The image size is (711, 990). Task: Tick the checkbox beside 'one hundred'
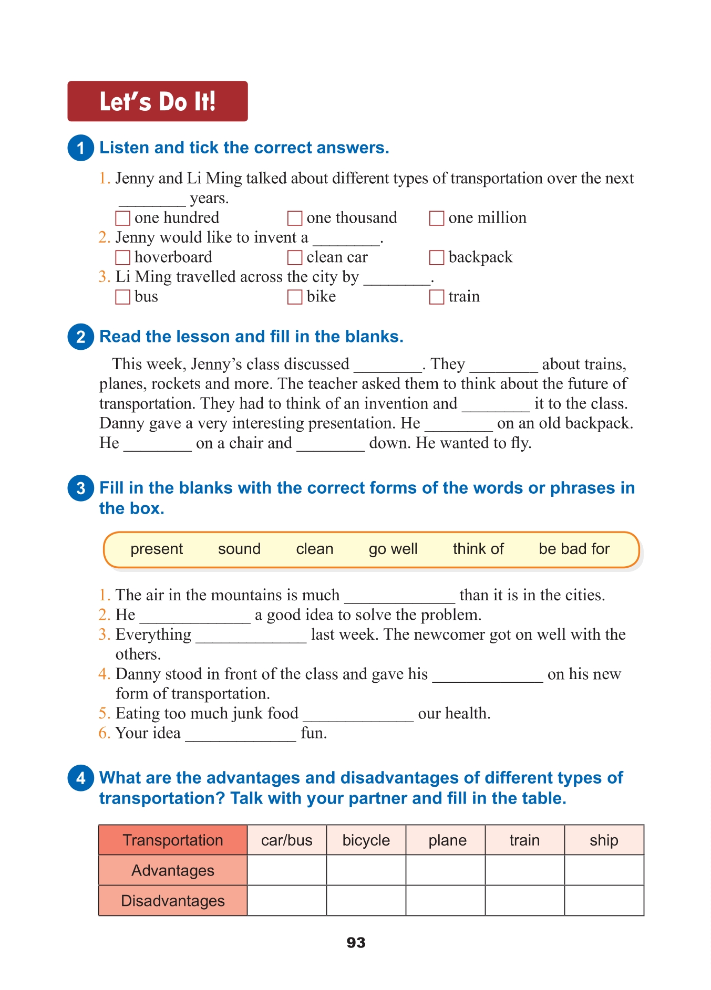[x=122, y=218]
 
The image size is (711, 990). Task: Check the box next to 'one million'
[x=436, y=218]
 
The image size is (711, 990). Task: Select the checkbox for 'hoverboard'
[x=122, y=257]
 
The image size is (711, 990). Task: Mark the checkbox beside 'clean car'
[x=294, y=257]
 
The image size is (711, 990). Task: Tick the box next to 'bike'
[x=294, y=297]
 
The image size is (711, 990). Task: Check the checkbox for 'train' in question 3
[x=436, y=297]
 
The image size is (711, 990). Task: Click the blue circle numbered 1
[x=80, y=148]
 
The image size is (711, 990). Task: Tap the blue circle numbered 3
[x=80, y=488]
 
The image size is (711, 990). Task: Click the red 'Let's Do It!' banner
[x=157, y=101]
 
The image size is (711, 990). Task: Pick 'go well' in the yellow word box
[x=393, y=549]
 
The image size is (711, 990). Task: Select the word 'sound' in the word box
[x=239, y=549]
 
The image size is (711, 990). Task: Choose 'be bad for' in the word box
[x=574, y=549]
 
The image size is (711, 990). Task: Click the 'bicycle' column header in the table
[x=366, y=840]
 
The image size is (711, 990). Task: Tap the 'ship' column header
[x=604, y=840]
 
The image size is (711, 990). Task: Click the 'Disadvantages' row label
[x=172, y=901]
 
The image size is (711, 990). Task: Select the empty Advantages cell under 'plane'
[x=445, y=870]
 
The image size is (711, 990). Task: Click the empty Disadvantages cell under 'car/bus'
[x=286, y=901]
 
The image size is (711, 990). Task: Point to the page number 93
[x=356, y=943]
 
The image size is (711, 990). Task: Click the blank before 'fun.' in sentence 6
[x=240, y=734]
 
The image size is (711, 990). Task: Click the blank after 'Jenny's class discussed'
[x=388, y=365]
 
